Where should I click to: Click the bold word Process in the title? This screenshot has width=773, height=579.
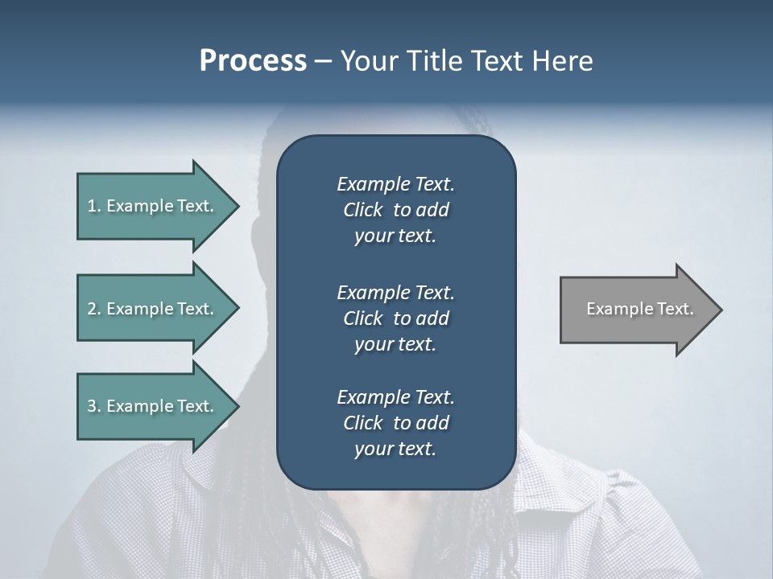(x=253, y=61)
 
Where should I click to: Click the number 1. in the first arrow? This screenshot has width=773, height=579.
(x=94, y=206)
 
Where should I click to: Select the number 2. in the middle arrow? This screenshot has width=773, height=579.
(x=94, y=309)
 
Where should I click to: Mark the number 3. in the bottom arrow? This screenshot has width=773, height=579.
(x=94, y=406)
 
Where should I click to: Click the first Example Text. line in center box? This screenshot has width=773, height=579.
(x=395, y=184)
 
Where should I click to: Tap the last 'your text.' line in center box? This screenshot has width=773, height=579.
(x=395, y=449)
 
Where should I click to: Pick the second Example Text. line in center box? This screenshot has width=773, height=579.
(x=395, y=292)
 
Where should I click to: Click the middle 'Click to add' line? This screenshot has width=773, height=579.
(x=395, y=318)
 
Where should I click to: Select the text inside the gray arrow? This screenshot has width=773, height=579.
(x=639, y=309)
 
